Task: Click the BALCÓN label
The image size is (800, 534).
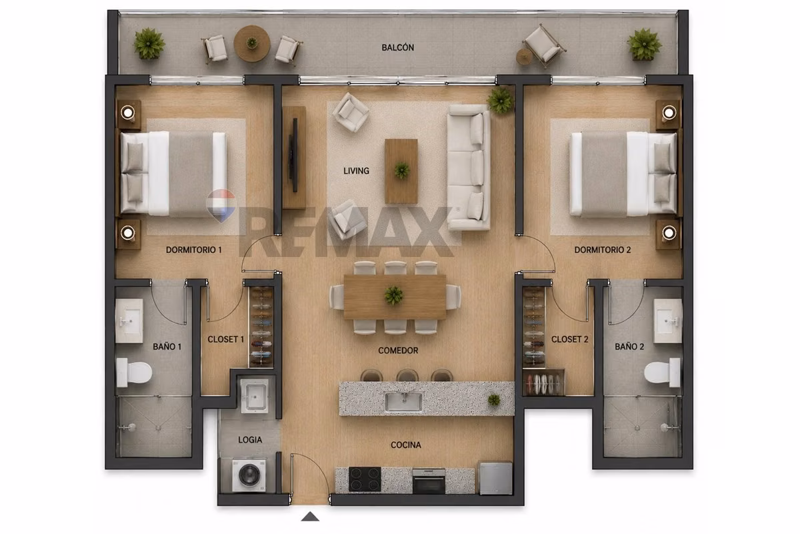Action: point(397,47)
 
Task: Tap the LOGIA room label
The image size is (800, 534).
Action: point(250,440)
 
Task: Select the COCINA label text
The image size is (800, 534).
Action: point(406,445)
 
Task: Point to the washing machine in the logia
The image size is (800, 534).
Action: point(249,475)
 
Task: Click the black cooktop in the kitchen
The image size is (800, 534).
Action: point(365,479)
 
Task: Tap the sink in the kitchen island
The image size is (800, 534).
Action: point(403,402)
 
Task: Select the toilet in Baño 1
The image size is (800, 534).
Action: point(134,372)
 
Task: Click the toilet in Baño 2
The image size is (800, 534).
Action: point(663,372)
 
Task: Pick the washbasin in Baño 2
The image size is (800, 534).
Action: point(668,321)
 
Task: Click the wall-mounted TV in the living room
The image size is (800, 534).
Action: point(295,156)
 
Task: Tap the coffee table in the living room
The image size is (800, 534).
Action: point(401,171)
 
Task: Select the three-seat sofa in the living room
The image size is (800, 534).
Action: point(469,167)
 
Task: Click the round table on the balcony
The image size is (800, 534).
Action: point(252,43)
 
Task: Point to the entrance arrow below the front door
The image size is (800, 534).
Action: point(310,517)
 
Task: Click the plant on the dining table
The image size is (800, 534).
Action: point(394,296)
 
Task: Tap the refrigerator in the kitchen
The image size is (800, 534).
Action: point(496,478)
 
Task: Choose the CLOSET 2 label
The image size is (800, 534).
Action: point(569,339)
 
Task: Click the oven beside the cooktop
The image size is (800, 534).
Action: point(429,481)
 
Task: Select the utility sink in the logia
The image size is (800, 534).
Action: point(254,396)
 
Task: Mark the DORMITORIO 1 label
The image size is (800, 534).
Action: point(194,250)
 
